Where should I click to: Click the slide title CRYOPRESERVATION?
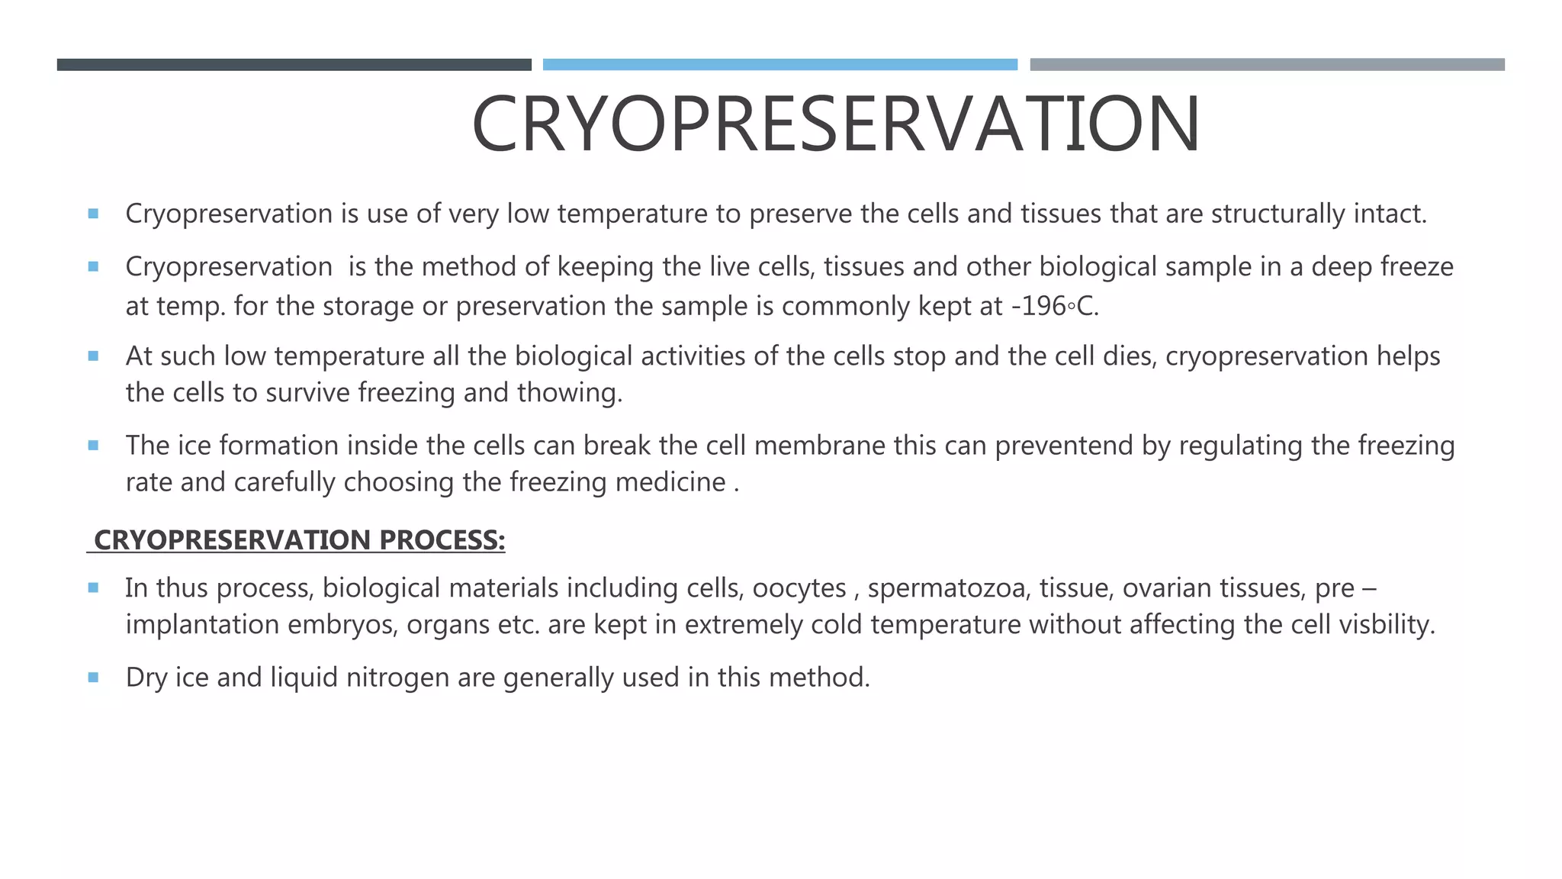(x=836, y=124)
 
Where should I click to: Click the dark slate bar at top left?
(x=294, y=65)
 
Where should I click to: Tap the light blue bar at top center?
(x=779, y=65)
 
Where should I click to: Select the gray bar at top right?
(x=1267, y=65)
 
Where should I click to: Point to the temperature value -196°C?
(x=1055, y=306)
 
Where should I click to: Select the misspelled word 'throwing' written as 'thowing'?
(x=569, y=393)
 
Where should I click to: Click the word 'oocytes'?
(x=799, y=588)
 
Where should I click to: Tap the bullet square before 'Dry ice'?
(x=93, y=677)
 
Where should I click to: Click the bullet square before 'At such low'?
(x=93, y=356)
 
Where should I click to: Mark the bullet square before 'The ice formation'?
(x=93, y=445)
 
